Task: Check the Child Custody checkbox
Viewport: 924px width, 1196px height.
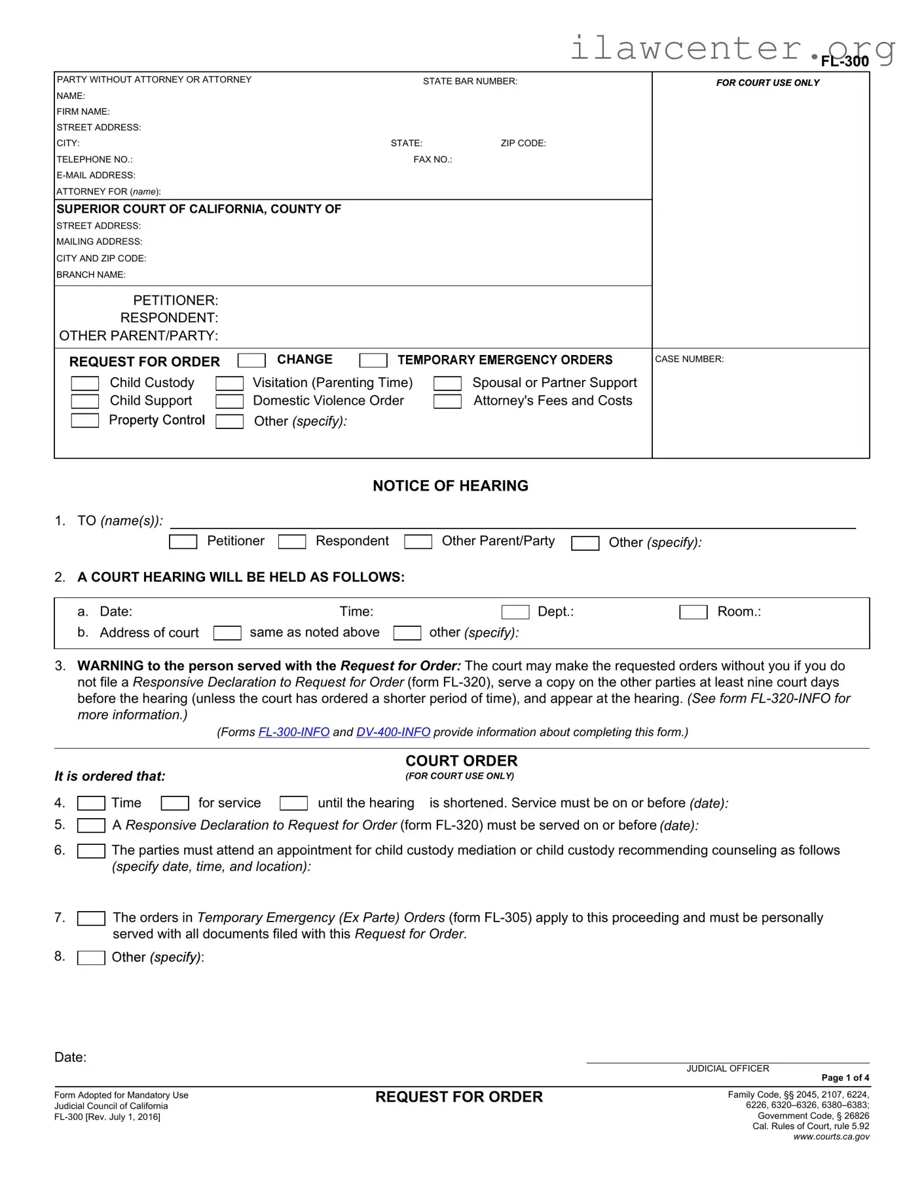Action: tap(84, 383)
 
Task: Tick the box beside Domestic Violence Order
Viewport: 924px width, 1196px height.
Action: tap(229, 402)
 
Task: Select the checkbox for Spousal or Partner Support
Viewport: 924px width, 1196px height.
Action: tap(447, 383)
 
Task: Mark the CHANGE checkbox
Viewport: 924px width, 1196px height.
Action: tap(251, 360)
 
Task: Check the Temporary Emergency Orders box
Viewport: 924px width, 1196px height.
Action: tap(373, 360)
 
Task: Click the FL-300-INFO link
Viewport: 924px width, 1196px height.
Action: tap(294, 732)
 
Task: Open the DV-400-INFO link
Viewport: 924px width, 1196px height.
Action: tap(393, 732)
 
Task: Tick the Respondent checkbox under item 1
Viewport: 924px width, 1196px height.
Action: tap(292, 542)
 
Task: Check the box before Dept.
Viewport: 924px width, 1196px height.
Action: tap(515, 612)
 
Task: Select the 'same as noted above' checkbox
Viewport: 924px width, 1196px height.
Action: tap(227, 633)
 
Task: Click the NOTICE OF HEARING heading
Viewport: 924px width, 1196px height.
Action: tap(451, 486)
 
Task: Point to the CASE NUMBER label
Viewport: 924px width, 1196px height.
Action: tap(689, 359)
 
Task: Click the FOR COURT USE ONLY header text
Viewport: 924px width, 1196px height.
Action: tap(767, 83)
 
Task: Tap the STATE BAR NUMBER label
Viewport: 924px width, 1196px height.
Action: tap(470, 81)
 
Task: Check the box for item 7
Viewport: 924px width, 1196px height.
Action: tap(91, 918)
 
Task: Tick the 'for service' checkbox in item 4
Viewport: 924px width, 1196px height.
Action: tap(175, 803)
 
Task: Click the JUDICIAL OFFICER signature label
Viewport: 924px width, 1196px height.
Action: tap(728, 1068)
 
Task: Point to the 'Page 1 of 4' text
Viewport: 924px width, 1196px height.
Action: tap(845, 1077)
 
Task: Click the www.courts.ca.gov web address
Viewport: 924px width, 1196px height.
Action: tap(831, 1136)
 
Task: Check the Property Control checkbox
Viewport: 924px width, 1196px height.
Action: tap(84, 420)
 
